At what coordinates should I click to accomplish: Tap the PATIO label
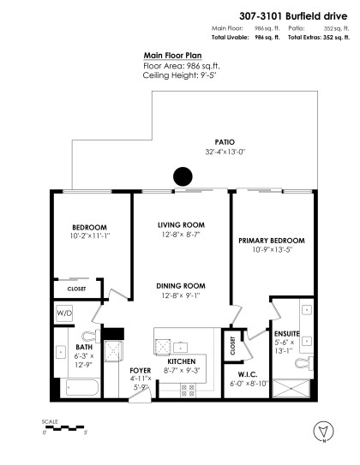tap(225, 142)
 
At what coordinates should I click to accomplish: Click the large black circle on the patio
tap(182, 176)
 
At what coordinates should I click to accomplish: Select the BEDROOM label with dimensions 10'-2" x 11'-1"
tap(89, 229)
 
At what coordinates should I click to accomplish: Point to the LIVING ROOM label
tap(179, 225)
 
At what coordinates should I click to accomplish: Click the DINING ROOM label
tap(179, 285)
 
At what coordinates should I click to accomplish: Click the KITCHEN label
tap(182, 362)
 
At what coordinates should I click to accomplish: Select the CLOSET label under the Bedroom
tap(76, 289)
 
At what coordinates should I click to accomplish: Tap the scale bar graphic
tap(63, 427)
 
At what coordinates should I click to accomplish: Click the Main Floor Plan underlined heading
tap(173, 55)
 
